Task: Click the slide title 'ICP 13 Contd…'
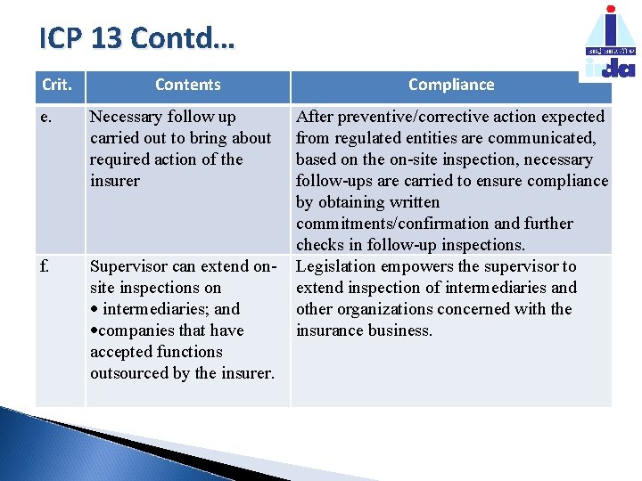tap(137, 39)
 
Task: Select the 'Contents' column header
tap(187, 85)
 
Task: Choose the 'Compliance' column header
tap(451, 85)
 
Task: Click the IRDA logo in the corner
tap(610, 43)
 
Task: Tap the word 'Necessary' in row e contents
tap(126, 117)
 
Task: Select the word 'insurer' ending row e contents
tap(115, 181)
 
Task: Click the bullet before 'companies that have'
tap(95, 331)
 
